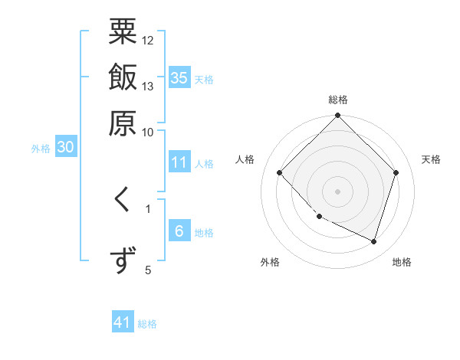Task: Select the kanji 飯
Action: click(123, 77)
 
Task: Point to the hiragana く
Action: click(123, 201)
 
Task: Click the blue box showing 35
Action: click(179, 77)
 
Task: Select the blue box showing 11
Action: click(179, 162)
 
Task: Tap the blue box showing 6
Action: click(179, 232)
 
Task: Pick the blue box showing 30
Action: click(66, 148)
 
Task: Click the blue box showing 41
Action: click(123, 323)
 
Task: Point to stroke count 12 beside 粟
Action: click(148, 40)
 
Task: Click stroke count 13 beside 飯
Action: click(148, 86)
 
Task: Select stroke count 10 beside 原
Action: click(148, 132)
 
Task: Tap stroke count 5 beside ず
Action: click(148, 269)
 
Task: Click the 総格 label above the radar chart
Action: click(338, 100)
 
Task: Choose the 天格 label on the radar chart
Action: click(431, 159)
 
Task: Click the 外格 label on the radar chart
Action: click(270, 262)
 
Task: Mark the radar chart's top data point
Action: click(338, 117)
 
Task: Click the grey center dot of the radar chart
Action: click(338, 191)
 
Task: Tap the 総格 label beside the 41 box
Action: click(147, 324)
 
